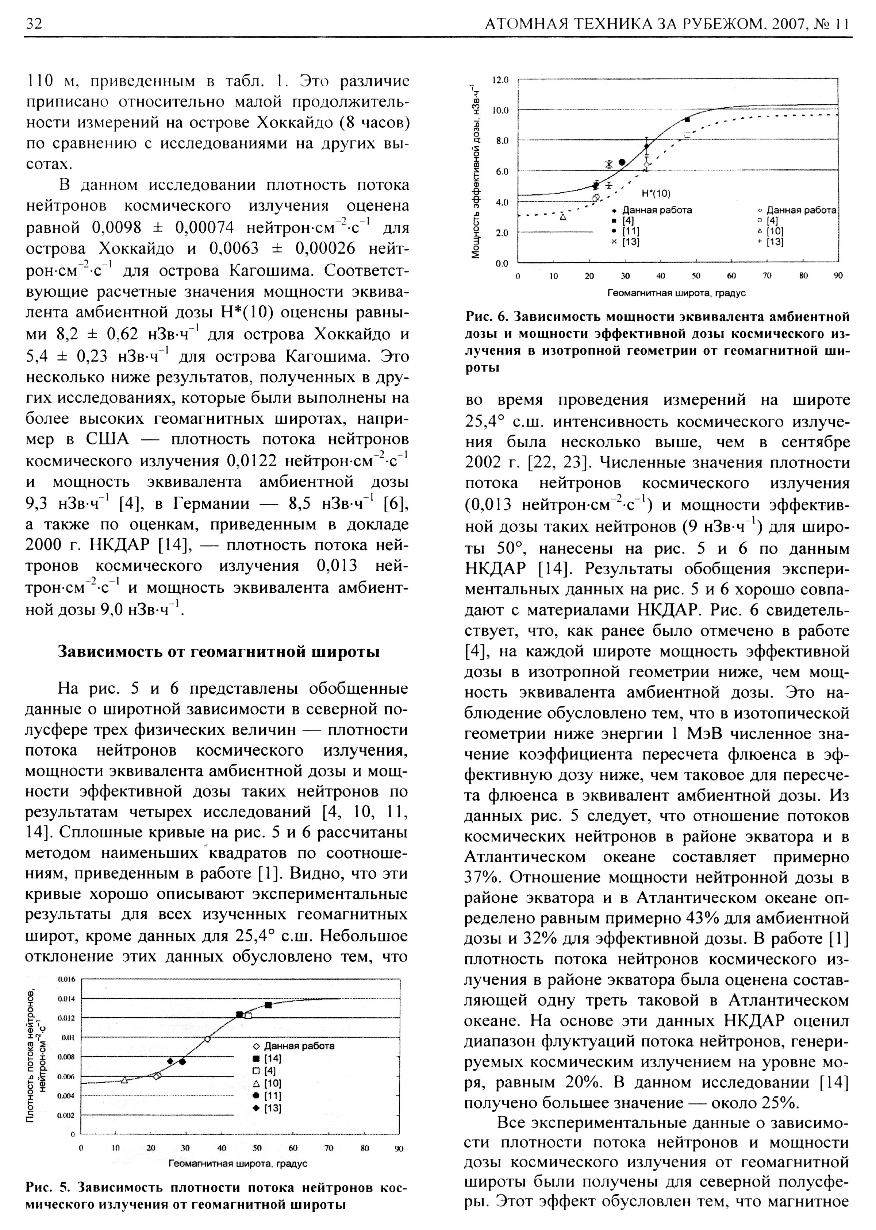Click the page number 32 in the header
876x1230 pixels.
tap(34, 24)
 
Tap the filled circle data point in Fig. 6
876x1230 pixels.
tap(622, 162)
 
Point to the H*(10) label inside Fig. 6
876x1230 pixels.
tap(656, 193)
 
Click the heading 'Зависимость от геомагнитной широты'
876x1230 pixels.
tap(219, 652)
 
